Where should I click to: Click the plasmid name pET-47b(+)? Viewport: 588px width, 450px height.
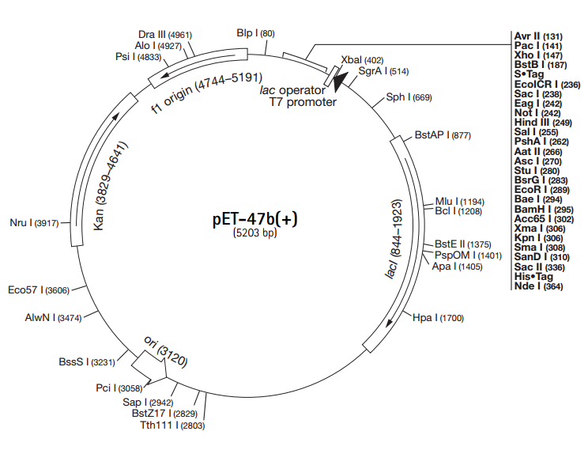coord(254,219)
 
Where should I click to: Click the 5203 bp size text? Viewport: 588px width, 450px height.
coord(255,234)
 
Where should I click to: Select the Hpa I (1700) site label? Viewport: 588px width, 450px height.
coord(438,318)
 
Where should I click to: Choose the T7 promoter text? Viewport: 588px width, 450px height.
coord(303,102)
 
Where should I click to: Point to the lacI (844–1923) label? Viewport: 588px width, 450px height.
coord(396,238)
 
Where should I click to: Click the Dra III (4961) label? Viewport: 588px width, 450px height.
coord(164,34)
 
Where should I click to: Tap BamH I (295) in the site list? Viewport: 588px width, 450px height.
coord(540,209)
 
